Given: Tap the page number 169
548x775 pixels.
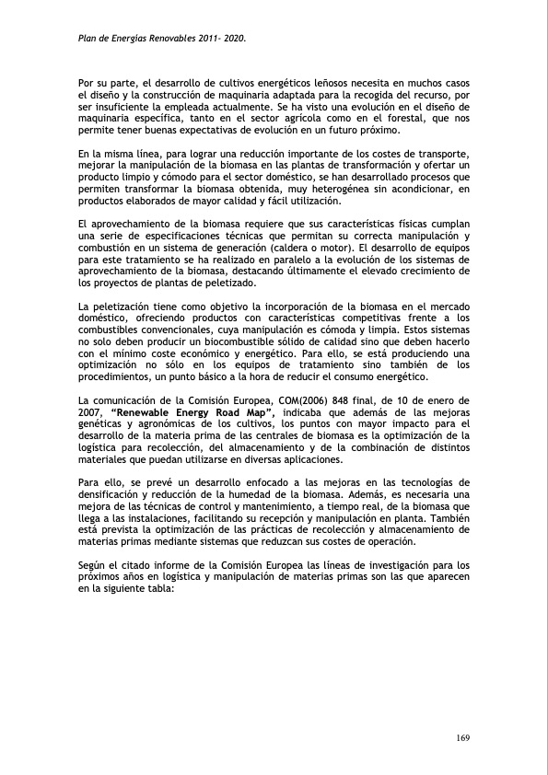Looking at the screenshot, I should click(464, 738).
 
